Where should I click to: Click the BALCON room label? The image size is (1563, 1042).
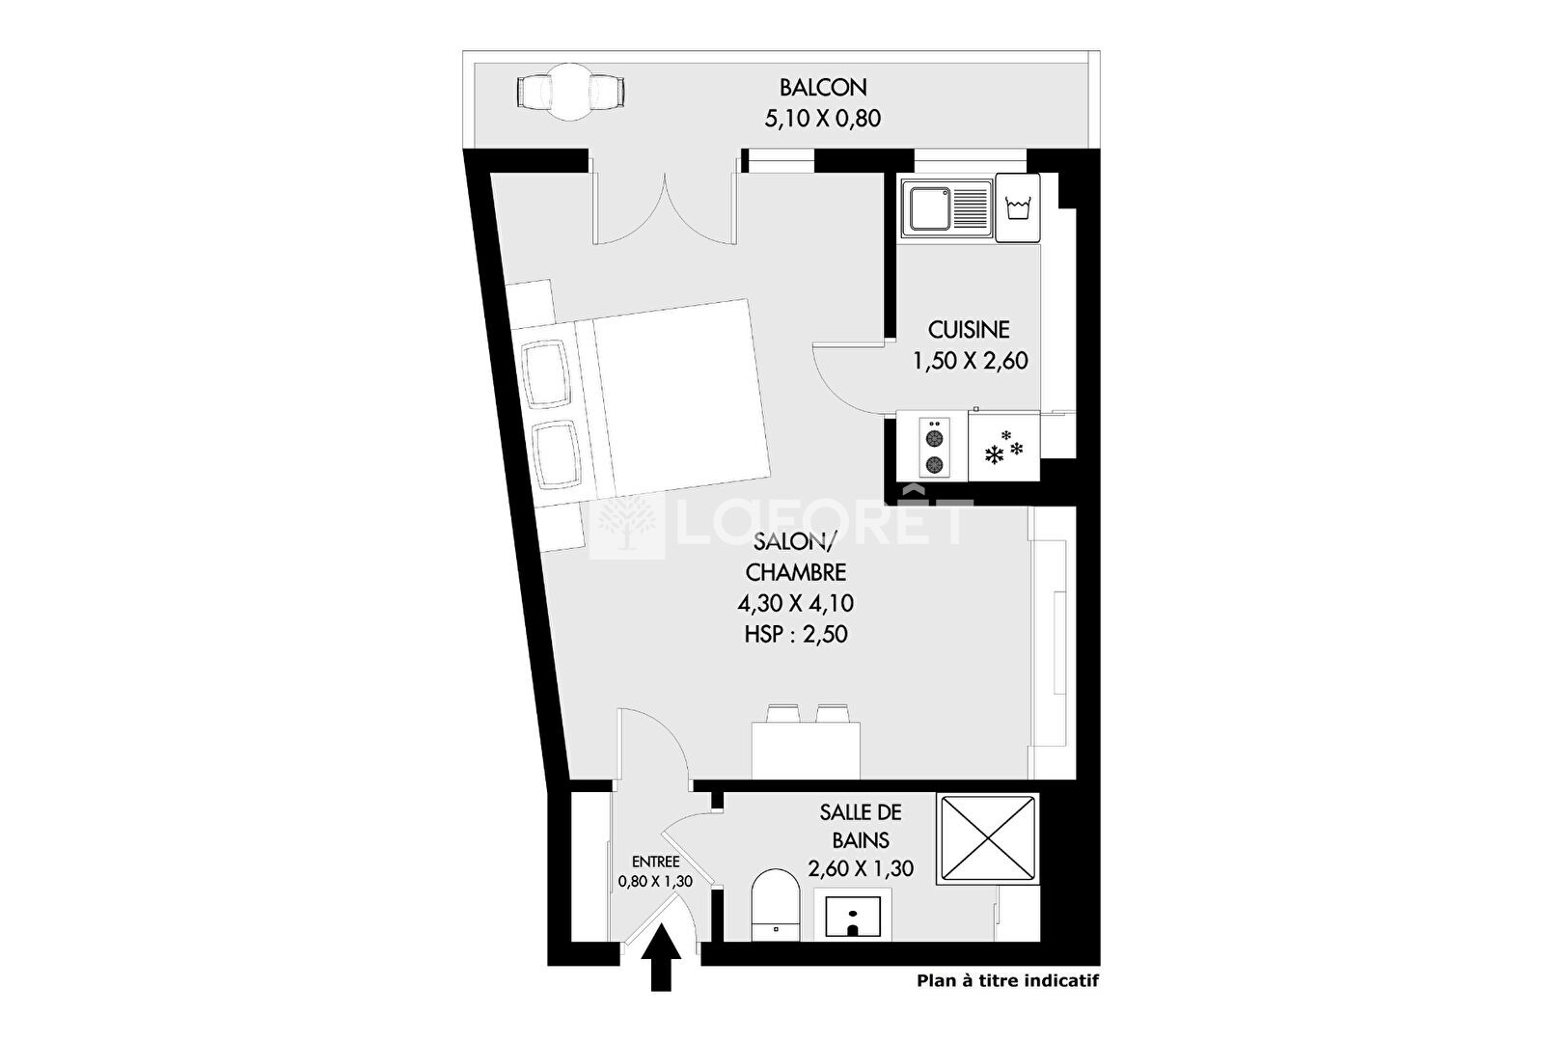click(823, 87)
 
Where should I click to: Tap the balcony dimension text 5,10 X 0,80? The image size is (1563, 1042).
click(823, 119)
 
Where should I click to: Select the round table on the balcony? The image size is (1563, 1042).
click(571, 92)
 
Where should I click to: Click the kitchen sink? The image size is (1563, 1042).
click(946, 208)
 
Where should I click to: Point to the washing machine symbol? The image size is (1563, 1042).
click(1017, 208)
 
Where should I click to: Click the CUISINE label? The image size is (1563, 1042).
click(970, 329)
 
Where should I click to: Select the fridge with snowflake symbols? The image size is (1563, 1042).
click(1004, 446)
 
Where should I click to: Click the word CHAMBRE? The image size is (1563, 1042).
click(795, 572)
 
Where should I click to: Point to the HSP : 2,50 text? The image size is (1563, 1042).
click(795, 635)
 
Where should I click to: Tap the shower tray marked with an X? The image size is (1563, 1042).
click(987, 838)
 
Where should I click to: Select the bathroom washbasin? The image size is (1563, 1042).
click(853, 916)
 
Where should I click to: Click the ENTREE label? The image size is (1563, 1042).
click(655, 862)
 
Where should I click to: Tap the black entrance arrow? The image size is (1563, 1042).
click(661, 958)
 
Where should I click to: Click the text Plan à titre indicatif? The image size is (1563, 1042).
click(1007, 981)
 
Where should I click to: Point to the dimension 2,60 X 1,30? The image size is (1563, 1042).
click(861, 869)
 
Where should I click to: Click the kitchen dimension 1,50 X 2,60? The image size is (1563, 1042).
click(970, 361)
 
